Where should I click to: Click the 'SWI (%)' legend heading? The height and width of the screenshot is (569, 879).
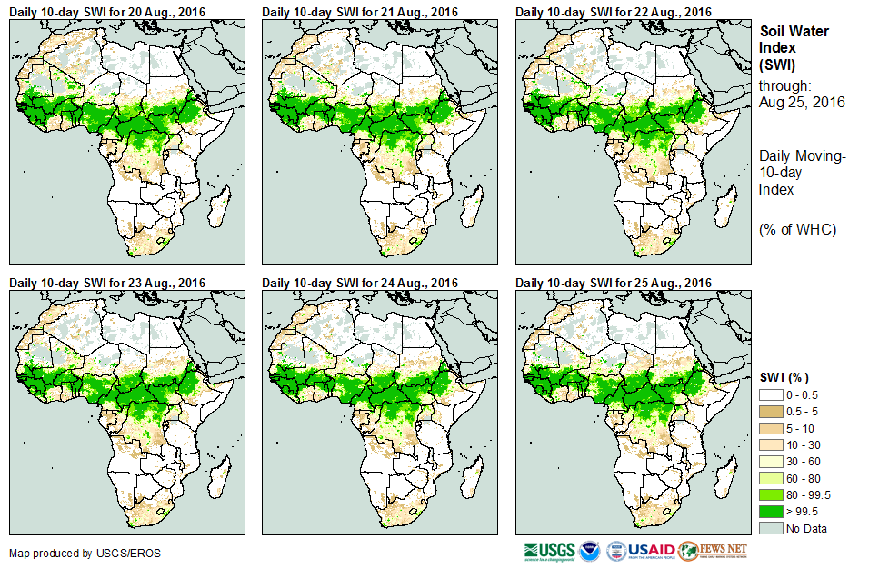pyautogui.click(x=784, y=377)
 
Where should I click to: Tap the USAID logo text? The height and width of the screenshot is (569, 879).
pyautogui.click(x=652, y=551)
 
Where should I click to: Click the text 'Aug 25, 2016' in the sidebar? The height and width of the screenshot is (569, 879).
pyautogui.click(x=802, y=103)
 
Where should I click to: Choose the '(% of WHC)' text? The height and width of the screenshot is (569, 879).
pyautogui.click(x=797, y=228)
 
